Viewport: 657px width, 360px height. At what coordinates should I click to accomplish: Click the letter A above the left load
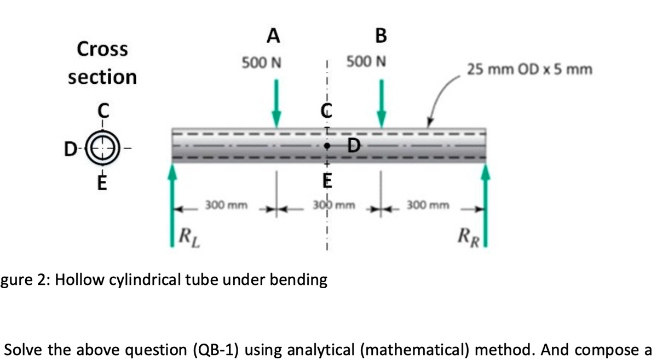(x=273, y=36)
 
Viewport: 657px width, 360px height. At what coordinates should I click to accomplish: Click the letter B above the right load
(x=381, y=36)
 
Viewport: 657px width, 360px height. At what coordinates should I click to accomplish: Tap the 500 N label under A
(x=261, y=62)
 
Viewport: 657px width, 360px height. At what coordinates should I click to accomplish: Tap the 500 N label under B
(x=366, y=62)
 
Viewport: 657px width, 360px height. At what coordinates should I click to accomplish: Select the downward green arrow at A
(x=276, y=104)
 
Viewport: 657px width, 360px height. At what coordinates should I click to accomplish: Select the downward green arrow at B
(x=381, y=104)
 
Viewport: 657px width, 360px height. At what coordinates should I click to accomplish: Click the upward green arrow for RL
(x=172, y=205)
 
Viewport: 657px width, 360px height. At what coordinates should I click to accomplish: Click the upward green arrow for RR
(x=486, y=205)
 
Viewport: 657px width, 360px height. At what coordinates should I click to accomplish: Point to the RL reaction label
(x=189, y=238)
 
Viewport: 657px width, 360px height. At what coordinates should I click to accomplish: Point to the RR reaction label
(x=469, y=238)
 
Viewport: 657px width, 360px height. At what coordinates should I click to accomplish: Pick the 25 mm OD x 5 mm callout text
(x=530, y=70)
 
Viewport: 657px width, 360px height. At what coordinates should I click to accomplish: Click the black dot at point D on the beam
(x=327, y=146)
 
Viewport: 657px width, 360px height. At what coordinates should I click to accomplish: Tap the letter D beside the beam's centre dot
(x=354, y=146)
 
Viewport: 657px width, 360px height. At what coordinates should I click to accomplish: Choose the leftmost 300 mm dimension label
(x=226, y=205)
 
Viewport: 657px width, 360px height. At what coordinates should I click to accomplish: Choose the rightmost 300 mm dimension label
(x=428, y=205)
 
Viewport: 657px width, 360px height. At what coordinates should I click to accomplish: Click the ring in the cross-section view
(x=102, y=148)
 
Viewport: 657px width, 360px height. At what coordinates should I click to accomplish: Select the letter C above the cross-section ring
(x=103, y=110)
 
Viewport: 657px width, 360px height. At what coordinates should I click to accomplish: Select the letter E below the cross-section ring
(x=102, y=183)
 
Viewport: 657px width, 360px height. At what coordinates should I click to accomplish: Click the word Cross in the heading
(x=102, y=49)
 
